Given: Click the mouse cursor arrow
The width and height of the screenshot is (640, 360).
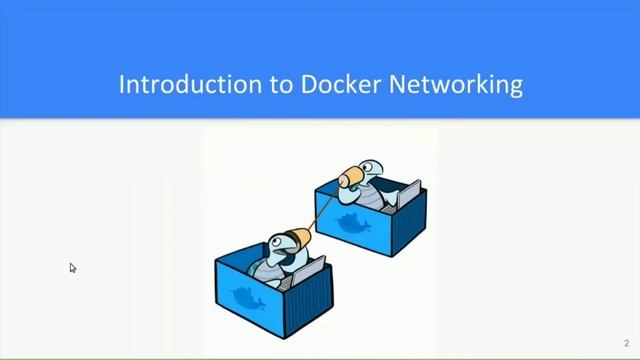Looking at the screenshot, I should click(x=72, y=267).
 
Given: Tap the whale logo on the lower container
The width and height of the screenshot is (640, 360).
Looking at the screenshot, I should click(x=247, y=298).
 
